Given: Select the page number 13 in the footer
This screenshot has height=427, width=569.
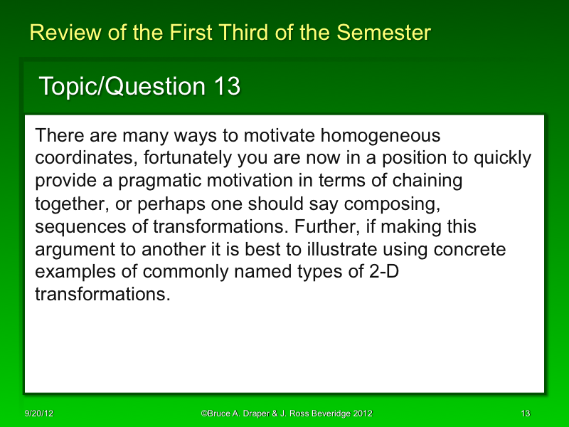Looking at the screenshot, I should [526, 413].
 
